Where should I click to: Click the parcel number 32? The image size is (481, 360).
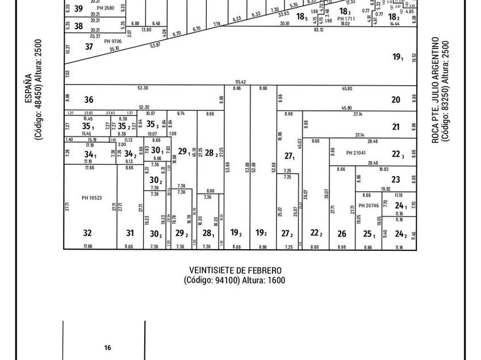(x=87, y=233)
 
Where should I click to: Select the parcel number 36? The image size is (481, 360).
(x=89, y=99)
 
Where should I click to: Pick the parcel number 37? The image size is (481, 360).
(x=89, y=47)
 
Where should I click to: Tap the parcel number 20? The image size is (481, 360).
(x=396, y=99)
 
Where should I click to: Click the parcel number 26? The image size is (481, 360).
(x=342, y=234)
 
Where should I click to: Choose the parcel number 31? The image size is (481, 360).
(x=129, y=233)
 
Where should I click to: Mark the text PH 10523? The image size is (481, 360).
(x=92, y=198)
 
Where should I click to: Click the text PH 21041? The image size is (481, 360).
(x=356, y=153)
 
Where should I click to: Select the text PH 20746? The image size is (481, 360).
(x=369, y=206)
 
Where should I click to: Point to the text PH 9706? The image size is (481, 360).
(x=113, y=41)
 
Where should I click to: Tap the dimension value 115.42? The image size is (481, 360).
(x=240, y=82)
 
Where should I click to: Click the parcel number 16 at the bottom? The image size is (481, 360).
(x=107, y=347)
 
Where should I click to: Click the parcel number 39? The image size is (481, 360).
(x=78, y=9)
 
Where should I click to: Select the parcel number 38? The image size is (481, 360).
(x=78, y=26)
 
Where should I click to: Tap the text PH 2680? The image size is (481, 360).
(x=105, y=8)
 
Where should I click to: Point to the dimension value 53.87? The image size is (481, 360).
(x=155, y=45)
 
